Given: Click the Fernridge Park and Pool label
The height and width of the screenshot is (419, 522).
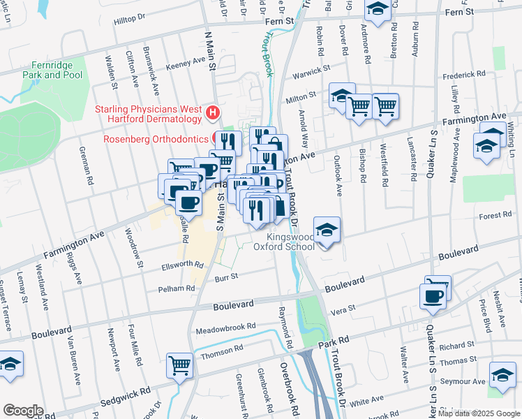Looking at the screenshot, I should coord(52,68).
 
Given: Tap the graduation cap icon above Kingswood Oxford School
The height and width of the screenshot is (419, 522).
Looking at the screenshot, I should coord(326,230).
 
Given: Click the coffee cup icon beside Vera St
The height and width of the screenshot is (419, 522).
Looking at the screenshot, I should coord(433,297).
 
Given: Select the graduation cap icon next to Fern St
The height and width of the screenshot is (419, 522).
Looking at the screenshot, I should coord(378,10).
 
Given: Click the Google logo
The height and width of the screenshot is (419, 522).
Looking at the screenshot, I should coord(22,411).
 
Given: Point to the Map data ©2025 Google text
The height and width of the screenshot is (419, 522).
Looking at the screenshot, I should coord(478,413).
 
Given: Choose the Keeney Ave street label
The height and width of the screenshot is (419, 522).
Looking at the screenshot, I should coord(186,64).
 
